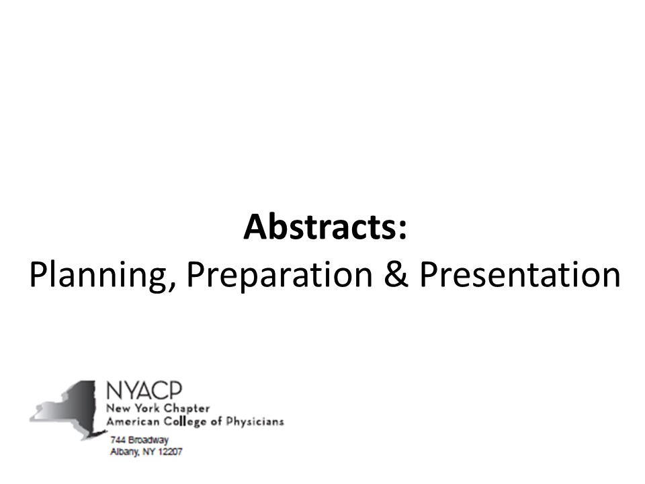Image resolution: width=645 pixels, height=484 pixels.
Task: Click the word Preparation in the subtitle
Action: pyautogui.click(x=279, y=276)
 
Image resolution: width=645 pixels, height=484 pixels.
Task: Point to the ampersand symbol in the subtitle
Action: pyautogui.click(x=396, y=274)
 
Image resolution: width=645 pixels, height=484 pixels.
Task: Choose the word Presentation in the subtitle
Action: pyautogui.click(x=520, y=274)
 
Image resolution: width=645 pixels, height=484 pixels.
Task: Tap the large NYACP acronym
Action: pyautogui.click(x=144, y=390)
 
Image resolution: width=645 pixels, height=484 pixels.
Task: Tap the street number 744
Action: pyautogui.click(x=118, y=440)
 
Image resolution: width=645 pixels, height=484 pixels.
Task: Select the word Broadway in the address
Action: pyautogui.click(x=148, y=440)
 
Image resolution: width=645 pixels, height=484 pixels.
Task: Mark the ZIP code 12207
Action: pyautogui.click(x=170, y=452)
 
